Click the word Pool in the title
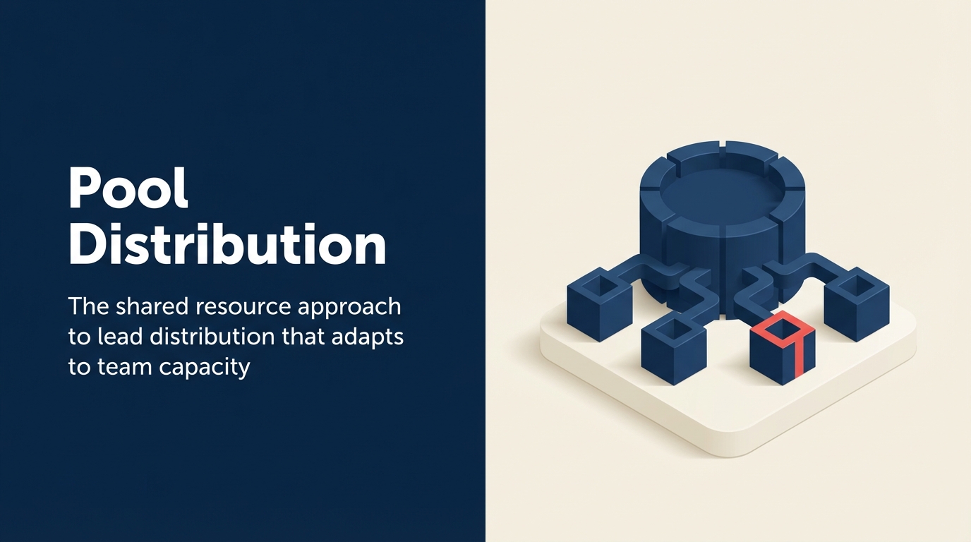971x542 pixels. tap(128, 188)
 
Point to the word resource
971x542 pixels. tap(247, 307)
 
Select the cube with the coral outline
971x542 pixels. tap(782, 350)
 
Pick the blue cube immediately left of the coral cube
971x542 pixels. tap(673, 349)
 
